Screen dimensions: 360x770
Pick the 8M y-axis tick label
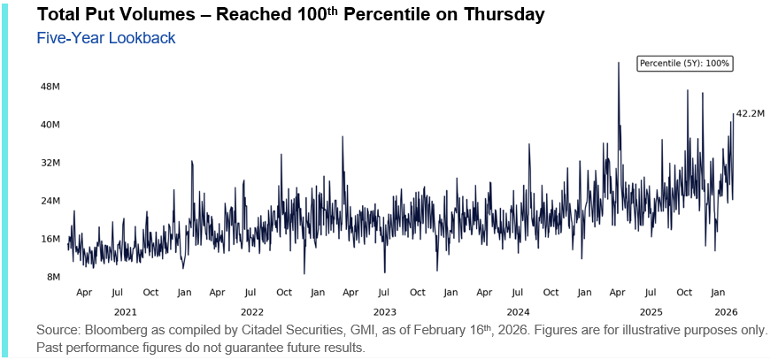(x=52, y=277)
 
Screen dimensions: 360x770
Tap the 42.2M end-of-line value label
(x=751, y=113)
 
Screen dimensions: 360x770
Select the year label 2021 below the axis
(x=126, y=311)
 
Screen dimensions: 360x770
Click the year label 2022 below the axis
(x=252, y=311)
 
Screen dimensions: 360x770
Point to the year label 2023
(x=385, y=311)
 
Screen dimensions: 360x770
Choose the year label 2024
(x=518, y=311)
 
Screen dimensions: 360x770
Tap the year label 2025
(x=651, y=311)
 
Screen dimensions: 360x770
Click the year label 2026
(x=726, y=311)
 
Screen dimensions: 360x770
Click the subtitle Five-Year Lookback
(x=106, y=38)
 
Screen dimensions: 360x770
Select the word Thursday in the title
(x=497, y=15)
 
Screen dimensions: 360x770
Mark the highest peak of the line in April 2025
(x=618, y=63)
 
